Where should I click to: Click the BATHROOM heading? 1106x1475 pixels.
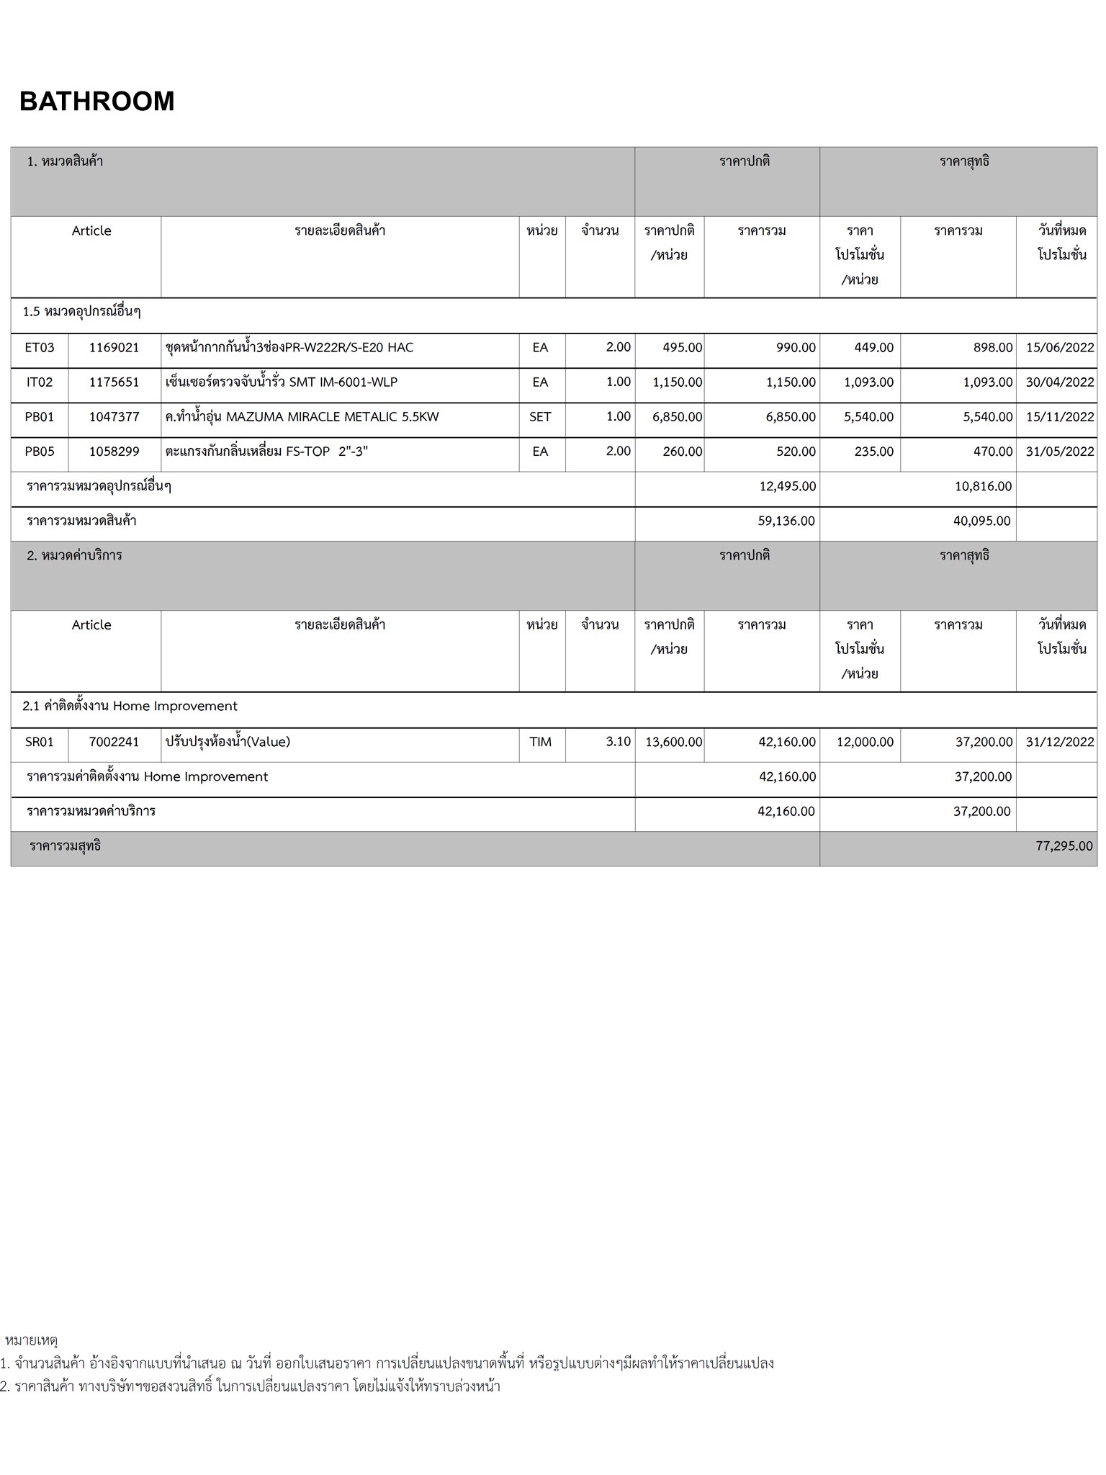point(97,102)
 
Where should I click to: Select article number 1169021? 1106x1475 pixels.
point(114,348)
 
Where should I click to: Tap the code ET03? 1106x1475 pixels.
point(40,348)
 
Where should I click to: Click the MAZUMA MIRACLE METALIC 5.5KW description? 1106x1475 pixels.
point(302,417)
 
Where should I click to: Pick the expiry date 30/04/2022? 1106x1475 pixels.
point(1059,382)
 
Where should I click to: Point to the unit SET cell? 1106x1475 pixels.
point(540,417)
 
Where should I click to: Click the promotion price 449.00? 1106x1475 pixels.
point(873,348)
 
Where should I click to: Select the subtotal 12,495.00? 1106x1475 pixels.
point(787,487)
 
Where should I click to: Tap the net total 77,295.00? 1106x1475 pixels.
point(1064,846)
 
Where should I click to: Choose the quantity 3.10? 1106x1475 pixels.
point(618,742)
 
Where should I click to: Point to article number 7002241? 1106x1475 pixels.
point(114,742)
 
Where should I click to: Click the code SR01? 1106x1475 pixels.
point(40,742)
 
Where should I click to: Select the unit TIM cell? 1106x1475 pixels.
point(540,742)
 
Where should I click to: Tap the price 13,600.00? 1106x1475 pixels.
point(673,742)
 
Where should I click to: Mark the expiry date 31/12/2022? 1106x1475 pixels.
point(1059,742)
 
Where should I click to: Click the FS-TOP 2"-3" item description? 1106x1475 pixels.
point(266,452)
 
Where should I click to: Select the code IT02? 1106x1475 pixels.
point(40,382)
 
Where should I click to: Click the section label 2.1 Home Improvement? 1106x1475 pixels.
point(130,707)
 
